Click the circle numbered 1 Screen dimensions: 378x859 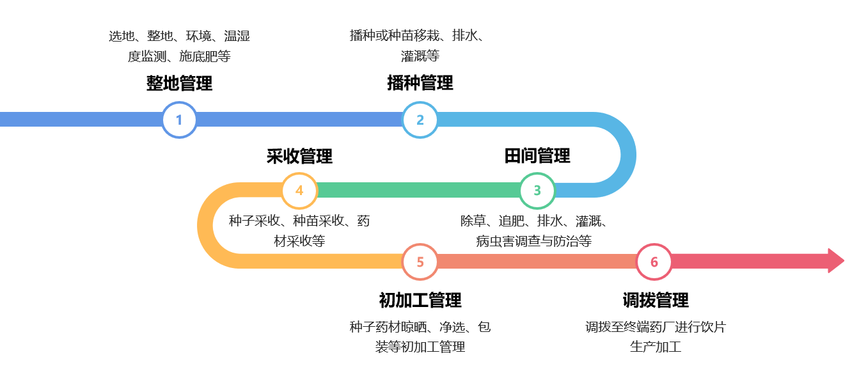click(x=179, y=120)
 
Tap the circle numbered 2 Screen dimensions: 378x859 click(x=420, y=120)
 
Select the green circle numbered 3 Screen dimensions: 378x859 click(x=537, y=190)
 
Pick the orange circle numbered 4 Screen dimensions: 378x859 click(x=299, y=190)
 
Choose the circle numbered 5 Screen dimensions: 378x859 click(x=420, y=262)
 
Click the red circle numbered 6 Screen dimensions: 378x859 click(x=654, y=262)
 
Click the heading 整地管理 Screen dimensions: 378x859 click(x=179, y=83)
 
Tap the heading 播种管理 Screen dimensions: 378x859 click(x=420, y=83)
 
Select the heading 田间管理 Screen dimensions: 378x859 click(x=537, y=155)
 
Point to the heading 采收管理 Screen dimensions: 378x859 click(x=299, y=156)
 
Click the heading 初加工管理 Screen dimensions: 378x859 click(x=420, y=300)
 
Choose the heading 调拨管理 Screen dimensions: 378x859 click(x=656, y=300)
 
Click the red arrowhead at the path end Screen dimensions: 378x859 click(x=835, y=261)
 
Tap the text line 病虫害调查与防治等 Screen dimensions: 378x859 click(x=533, y=241)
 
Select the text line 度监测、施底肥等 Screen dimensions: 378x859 click(x=179, y=56)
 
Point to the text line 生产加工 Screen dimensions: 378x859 click(x=656, y=347)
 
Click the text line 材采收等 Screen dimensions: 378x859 click(x=299, y=241)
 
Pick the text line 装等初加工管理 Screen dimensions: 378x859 click(x=420, y=347)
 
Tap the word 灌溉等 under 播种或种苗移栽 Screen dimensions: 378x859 click(x=420, y=56)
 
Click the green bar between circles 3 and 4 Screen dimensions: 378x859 click(x=418, y=190)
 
